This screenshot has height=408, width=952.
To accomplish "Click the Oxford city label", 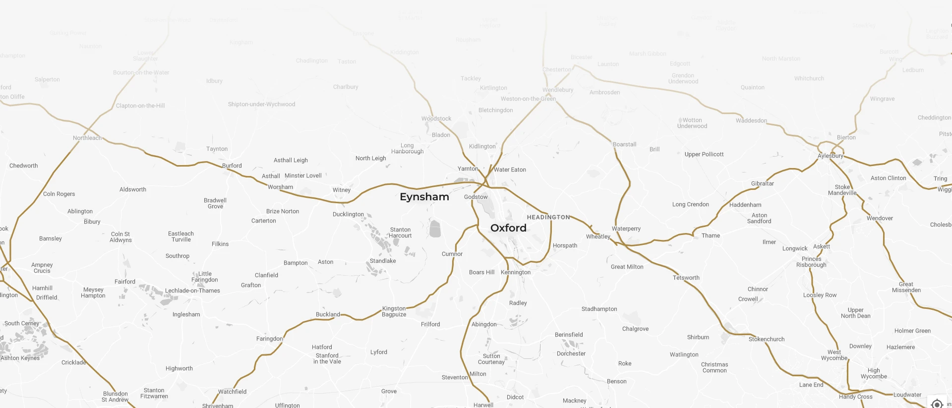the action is tap(508, 228).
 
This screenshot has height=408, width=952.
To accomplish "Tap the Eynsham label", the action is tap(424, 197).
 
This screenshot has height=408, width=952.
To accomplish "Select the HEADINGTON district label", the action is tap(548, 217).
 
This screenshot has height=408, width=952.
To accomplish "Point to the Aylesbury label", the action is tap(831, 156).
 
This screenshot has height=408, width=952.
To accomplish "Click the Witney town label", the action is tap(342, 190).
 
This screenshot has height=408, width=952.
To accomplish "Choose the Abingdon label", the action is tap(484, 324).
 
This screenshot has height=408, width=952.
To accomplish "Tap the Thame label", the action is tap(711, 235).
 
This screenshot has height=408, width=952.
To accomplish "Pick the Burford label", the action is tap(232, 166).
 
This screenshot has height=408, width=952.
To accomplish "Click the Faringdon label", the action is tap(269, 339).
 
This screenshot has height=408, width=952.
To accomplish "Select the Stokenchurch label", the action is tap(767, 339).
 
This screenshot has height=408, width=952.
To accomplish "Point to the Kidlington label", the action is tap(482, 146).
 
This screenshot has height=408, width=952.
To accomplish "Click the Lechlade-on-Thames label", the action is tap(192, 291).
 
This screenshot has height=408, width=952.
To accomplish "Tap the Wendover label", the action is tap(880, 218).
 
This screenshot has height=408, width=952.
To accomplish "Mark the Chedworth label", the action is tap(24, 166).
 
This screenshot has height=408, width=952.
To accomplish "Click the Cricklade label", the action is tap(74, 362).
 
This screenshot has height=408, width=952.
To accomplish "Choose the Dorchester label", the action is tap(571, 353).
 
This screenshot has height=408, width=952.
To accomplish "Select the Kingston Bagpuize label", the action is tap(394, 311).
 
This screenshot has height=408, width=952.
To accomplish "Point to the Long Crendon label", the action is tap(691, 204).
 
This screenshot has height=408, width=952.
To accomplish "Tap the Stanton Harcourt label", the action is tap(401, 233).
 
